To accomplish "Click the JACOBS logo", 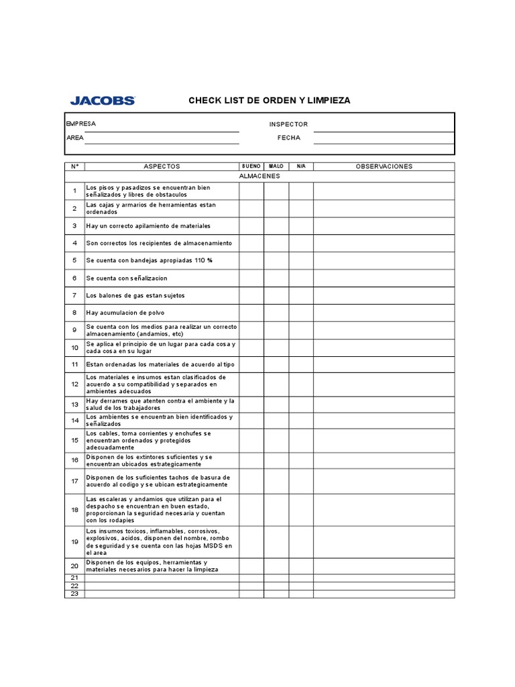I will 102,101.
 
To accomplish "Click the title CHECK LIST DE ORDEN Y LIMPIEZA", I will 269,101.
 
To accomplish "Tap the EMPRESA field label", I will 80,124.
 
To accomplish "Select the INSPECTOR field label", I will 288,124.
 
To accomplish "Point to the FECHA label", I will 289,138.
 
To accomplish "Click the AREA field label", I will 75,138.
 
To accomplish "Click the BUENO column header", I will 251,166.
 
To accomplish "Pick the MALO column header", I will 276,166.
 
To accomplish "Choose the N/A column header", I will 301,166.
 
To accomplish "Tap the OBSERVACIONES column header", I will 384,166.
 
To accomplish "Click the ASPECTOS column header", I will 162,166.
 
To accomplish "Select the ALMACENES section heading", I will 260,176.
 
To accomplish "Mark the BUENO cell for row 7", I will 251,295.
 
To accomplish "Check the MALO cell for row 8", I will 276,313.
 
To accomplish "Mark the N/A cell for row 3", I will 301,225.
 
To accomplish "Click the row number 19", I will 75,541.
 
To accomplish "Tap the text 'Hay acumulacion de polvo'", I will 125,313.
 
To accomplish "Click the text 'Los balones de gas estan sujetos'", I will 135,295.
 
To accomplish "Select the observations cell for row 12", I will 384,384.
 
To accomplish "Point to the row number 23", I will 75,593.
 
